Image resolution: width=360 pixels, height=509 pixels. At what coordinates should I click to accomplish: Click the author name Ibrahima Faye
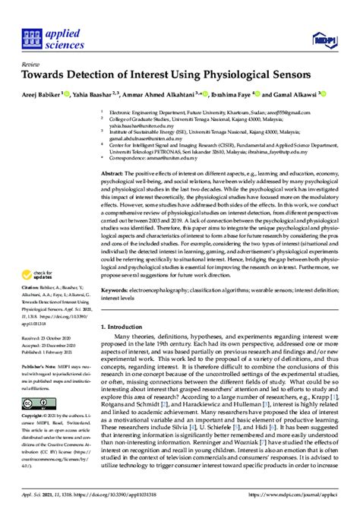pos(240,96)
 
